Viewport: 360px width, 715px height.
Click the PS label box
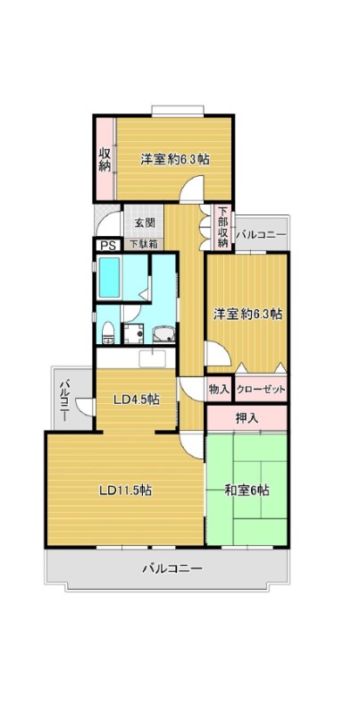point(107,245)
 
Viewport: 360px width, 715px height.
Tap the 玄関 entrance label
point(144,223)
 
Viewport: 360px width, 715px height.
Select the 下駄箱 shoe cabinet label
point(143,244)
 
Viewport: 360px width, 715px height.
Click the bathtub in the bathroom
point(109,277)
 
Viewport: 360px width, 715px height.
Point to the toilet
point(108,332)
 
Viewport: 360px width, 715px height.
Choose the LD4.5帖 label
point(137,400)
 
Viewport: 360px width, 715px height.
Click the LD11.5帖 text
point(126,491)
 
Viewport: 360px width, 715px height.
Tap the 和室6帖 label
point(247,491)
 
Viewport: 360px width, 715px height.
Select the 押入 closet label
point(247,418)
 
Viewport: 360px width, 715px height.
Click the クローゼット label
point(261,390)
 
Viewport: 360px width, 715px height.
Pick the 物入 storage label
point(219,390)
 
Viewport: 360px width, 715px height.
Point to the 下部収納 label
point(222,228)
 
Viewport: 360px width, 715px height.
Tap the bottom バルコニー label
point(172,568)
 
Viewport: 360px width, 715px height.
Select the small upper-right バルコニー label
point(261,234)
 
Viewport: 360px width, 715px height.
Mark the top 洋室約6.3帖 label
point(175,160)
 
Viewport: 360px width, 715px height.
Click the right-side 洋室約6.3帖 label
point(248,314)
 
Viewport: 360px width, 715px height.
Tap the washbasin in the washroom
point(163,334)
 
